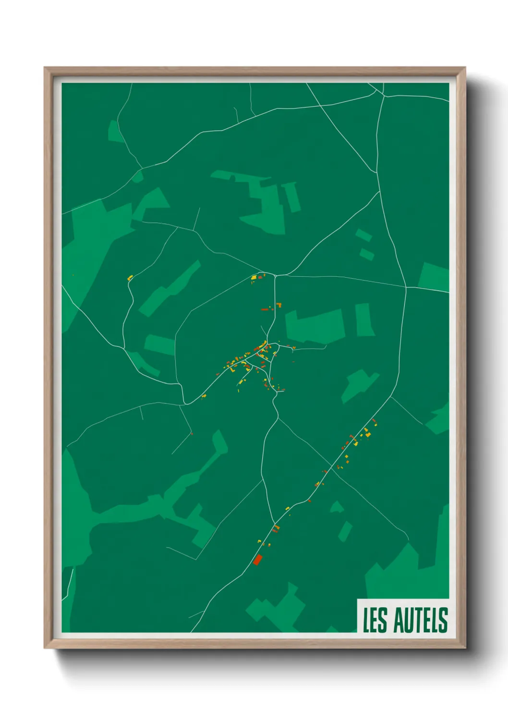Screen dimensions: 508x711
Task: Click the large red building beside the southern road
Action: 257,560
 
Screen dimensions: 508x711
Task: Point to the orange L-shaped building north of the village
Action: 278,305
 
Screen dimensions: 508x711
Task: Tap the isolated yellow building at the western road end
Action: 130,278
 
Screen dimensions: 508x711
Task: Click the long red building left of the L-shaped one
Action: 265,310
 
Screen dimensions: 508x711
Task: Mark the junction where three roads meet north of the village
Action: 275,276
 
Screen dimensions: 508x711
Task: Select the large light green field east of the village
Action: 315,326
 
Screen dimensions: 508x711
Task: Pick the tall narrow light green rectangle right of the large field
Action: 364,319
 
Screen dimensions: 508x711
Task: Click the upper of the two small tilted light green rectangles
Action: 363,235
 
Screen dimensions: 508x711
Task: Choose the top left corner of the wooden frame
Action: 46,69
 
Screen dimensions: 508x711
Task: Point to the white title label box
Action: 403,616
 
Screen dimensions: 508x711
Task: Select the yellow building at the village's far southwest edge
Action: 204,396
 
